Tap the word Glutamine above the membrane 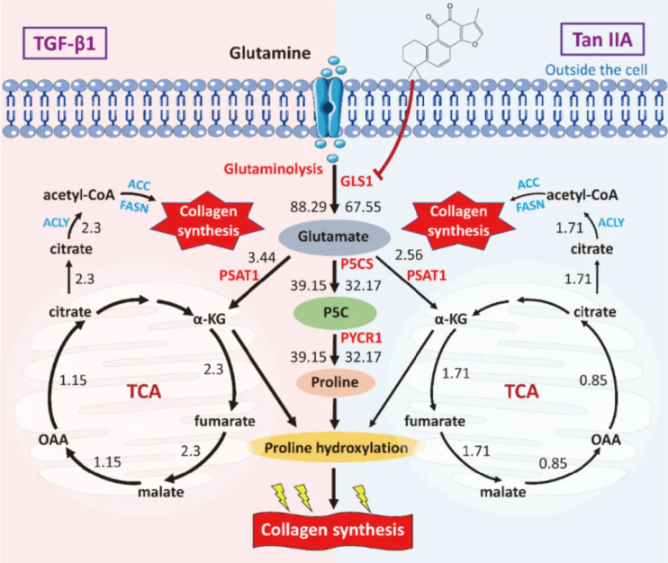pyautogui.click(x=267, y=53)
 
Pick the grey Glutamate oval pyautogui.click(x=334, y=236)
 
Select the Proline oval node pyautogui.click(x=334, y=381)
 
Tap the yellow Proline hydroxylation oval pyautogui.click(x=334, y=447)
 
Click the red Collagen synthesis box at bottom pyautogui.click(x=334, y=526)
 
